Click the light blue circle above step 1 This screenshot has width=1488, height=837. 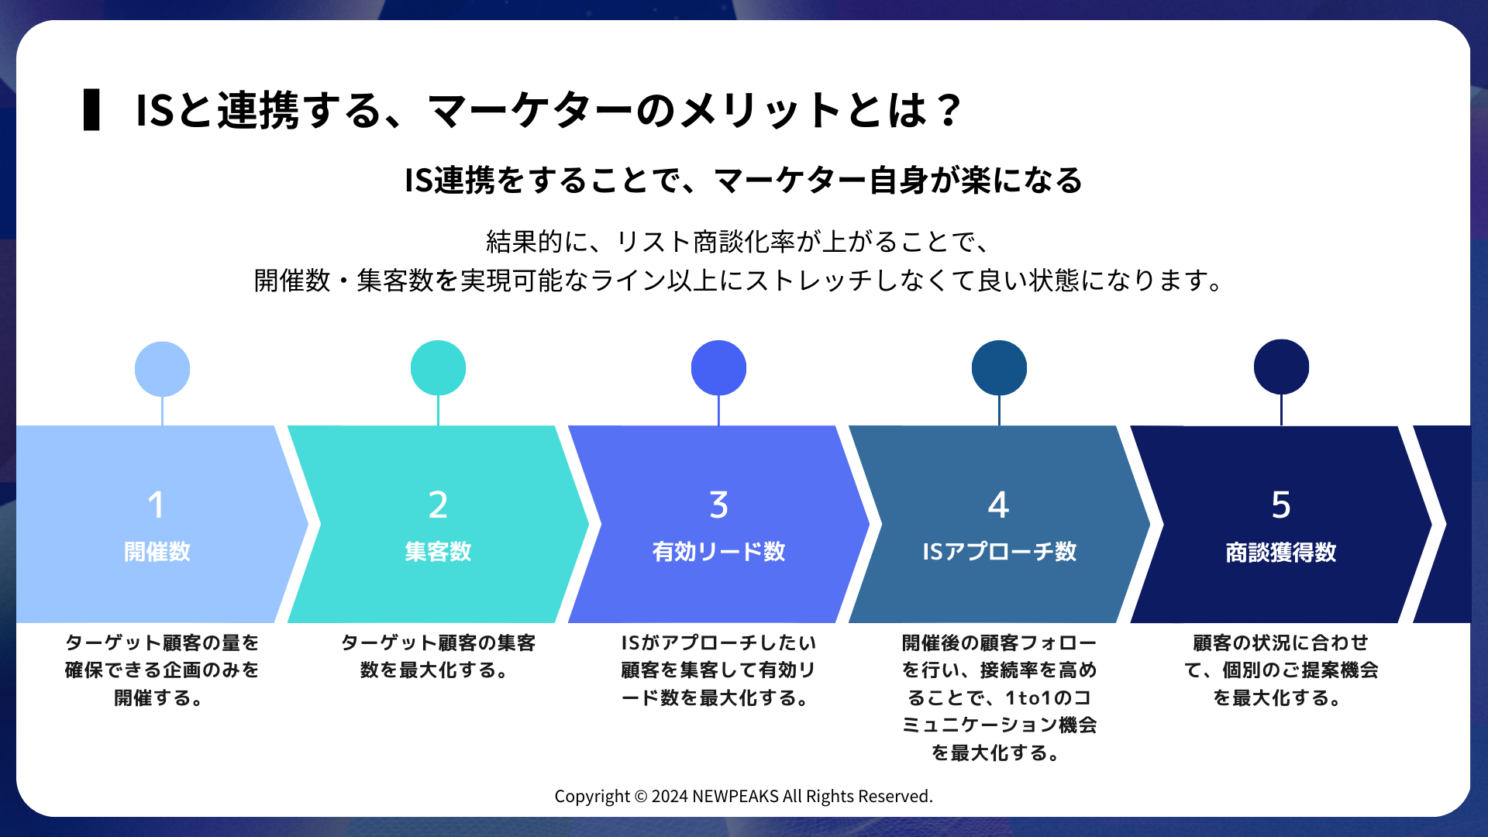(162, 369)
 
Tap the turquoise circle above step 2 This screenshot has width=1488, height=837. (438, 368)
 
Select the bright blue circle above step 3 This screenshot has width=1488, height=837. (718, 368)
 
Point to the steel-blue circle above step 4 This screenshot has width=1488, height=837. (999, 368)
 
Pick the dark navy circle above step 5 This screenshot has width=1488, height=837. (1281, 367)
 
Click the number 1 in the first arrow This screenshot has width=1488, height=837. (156, 505)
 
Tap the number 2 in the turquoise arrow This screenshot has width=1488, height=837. (438, 505)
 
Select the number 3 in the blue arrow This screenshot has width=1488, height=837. (718, 505)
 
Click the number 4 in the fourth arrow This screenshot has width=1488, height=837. (998, 505)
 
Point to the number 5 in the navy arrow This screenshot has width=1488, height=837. (1281, 505)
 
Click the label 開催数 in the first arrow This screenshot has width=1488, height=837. (157, 552)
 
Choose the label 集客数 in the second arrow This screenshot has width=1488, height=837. (438, 552)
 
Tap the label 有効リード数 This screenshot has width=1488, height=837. (718, 552)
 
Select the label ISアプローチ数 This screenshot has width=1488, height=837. (999, 552)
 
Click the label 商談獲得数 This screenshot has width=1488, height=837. (1281, 553)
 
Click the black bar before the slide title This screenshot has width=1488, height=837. (91, 110)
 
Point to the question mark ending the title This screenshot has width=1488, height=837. (948, 110)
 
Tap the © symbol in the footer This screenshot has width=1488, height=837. (640, 797)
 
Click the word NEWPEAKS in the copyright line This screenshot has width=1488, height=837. (735, 797)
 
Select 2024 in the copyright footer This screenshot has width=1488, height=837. (670, 797)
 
